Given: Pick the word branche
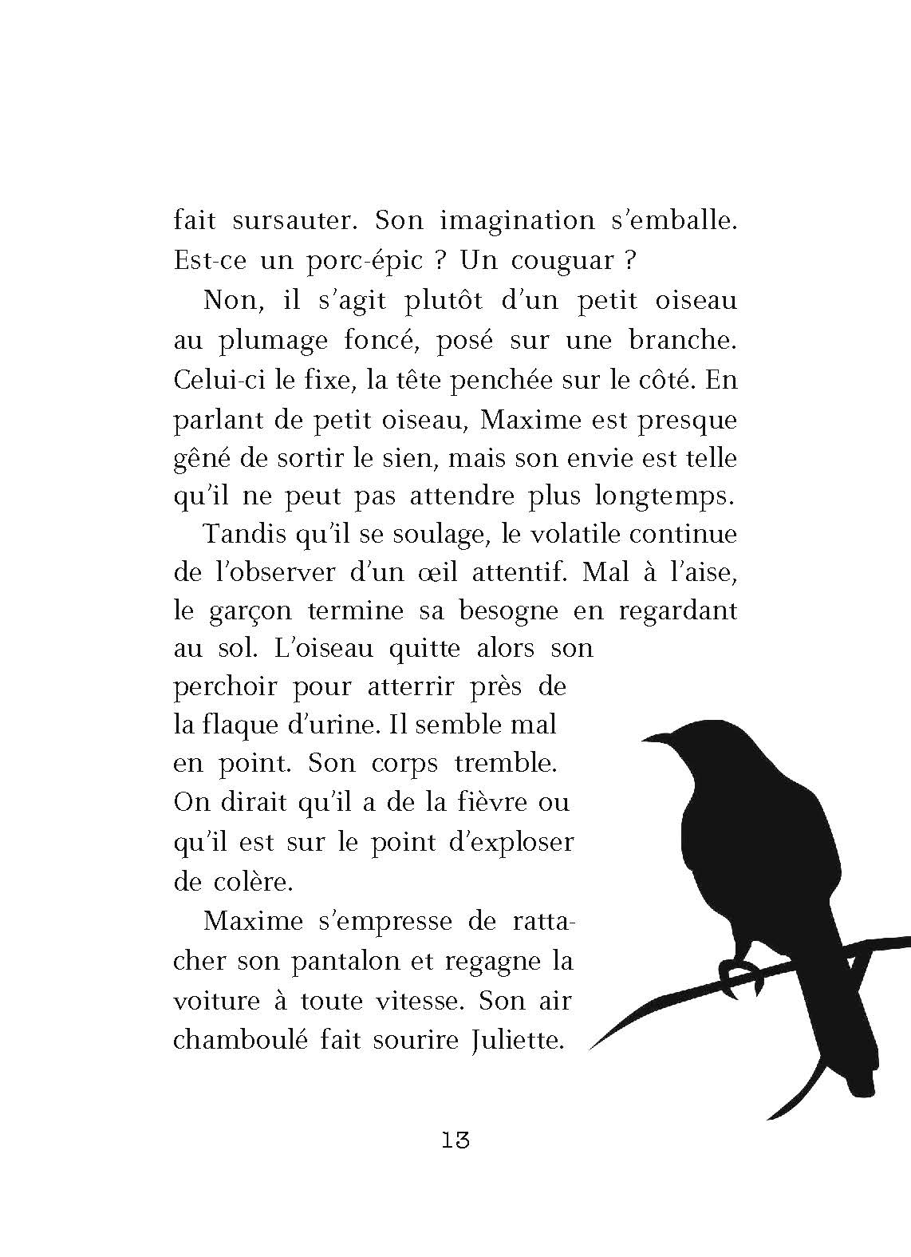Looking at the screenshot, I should click(679, 340).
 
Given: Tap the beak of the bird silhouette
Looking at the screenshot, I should click(648, 738).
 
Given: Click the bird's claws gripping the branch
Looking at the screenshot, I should click(738, 969).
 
